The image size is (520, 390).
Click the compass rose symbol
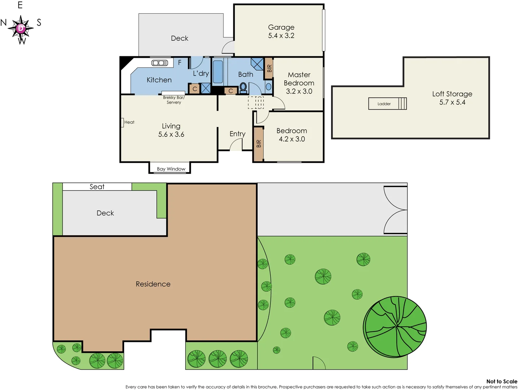click(x=21, y=28)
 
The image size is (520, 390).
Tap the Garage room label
click(x=281, y=27)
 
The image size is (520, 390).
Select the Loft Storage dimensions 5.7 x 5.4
click(x=452, y=103)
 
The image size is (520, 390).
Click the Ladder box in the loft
click(x=387, y=104)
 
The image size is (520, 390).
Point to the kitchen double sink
click(x=159, y=63)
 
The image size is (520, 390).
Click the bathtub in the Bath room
click(x=218, y=72)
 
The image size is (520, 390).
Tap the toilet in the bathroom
click(x=243, y=87)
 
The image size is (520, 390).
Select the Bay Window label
click(x=171, y=169)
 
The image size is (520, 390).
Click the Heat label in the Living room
click(x=129, y=122)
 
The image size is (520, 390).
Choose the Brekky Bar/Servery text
click(x=173, y=100)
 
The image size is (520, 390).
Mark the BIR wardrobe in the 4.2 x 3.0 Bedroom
click(x=258, y=144)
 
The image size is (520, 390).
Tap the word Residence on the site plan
click(x=153, y=284)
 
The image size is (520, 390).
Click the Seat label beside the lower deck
click(x=97, y=187)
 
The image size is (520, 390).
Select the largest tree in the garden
click(x=395, y=326)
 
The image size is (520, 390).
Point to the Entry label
click(x=237, y=134)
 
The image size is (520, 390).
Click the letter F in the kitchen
click(x=180, y=62)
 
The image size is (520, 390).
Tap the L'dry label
click(x=201, y=74)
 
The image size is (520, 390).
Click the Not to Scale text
click(x=501, y=381)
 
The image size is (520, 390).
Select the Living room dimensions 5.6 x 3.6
click(x=171, y=135)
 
